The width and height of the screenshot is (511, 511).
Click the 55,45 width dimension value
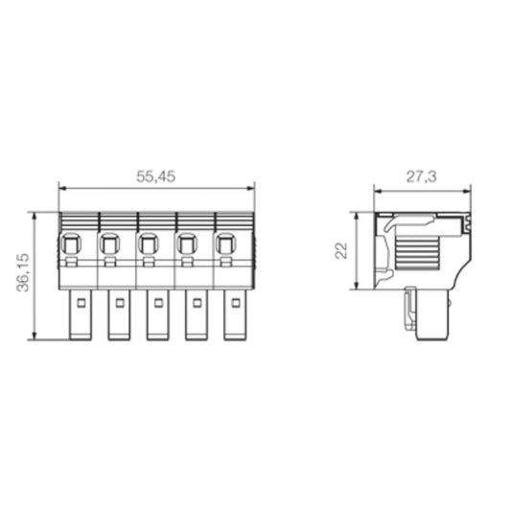pyautogui.click(x=157, y=176)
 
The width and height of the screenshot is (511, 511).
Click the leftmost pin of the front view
pyautogui.click(x=79, y=315)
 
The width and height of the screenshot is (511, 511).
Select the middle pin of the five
pyautogui.click(x=157, y=315)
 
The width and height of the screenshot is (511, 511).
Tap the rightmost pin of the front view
pyautogui.click(x=235, y=315)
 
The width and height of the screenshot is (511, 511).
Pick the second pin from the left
pyautogui.click(x=118, y=315)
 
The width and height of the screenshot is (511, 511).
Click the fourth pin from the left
pyautogui.click(x=196, y=315)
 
